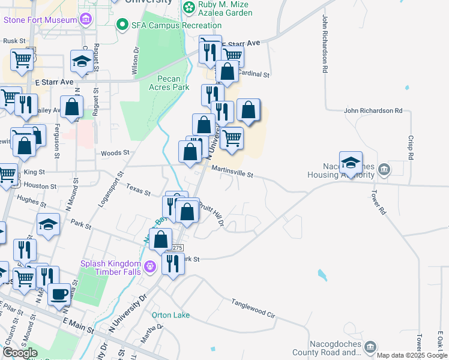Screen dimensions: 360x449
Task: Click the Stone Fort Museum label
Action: [40, 19]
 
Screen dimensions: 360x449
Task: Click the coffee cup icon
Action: [59, 295]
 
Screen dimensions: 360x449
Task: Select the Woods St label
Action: [115, 153]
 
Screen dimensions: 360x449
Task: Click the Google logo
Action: [20, 353]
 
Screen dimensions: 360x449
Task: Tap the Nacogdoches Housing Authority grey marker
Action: [385, 170]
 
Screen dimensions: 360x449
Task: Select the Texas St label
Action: [138, 190]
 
